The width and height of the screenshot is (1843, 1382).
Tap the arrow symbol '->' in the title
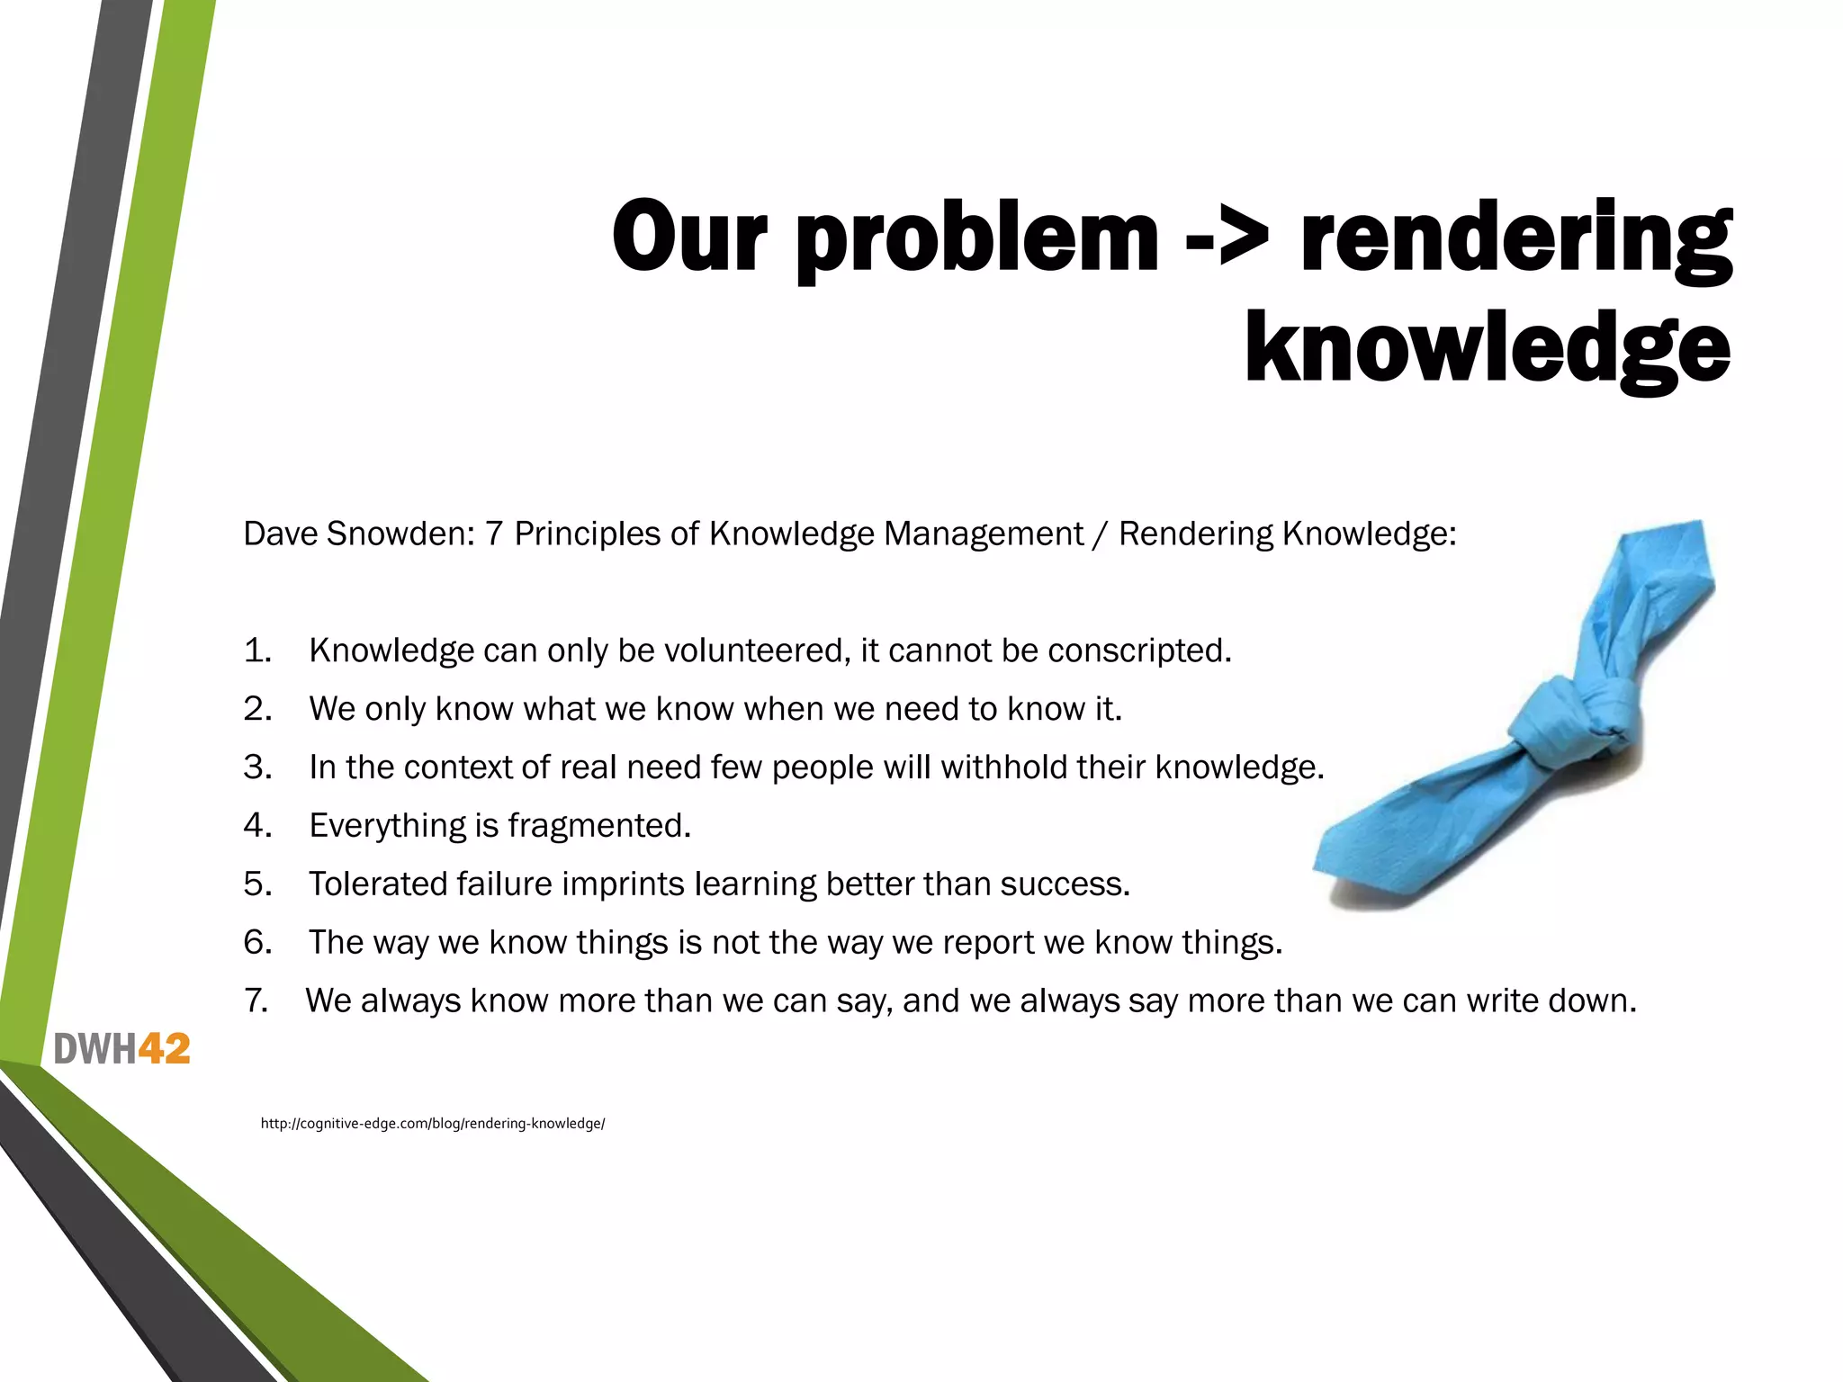pos(1227,236)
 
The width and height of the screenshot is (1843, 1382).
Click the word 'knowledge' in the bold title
pos(1487,349)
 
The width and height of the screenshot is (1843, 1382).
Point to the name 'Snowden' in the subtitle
pos(400,534)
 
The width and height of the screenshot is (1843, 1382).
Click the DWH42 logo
pos(122,1049)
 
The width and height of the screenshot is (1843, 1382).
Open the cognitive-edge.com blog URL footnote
pos(433,1123)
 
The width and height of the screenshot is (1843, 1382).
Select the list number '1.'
pos(257,651)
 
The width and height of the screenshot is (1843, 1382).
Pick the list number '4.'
pos(257,825)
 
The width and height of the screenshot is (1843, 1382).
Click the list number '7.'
pos(256,1001)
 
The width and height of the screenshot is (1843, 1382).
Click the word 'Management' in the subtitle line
pos(983,534)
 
